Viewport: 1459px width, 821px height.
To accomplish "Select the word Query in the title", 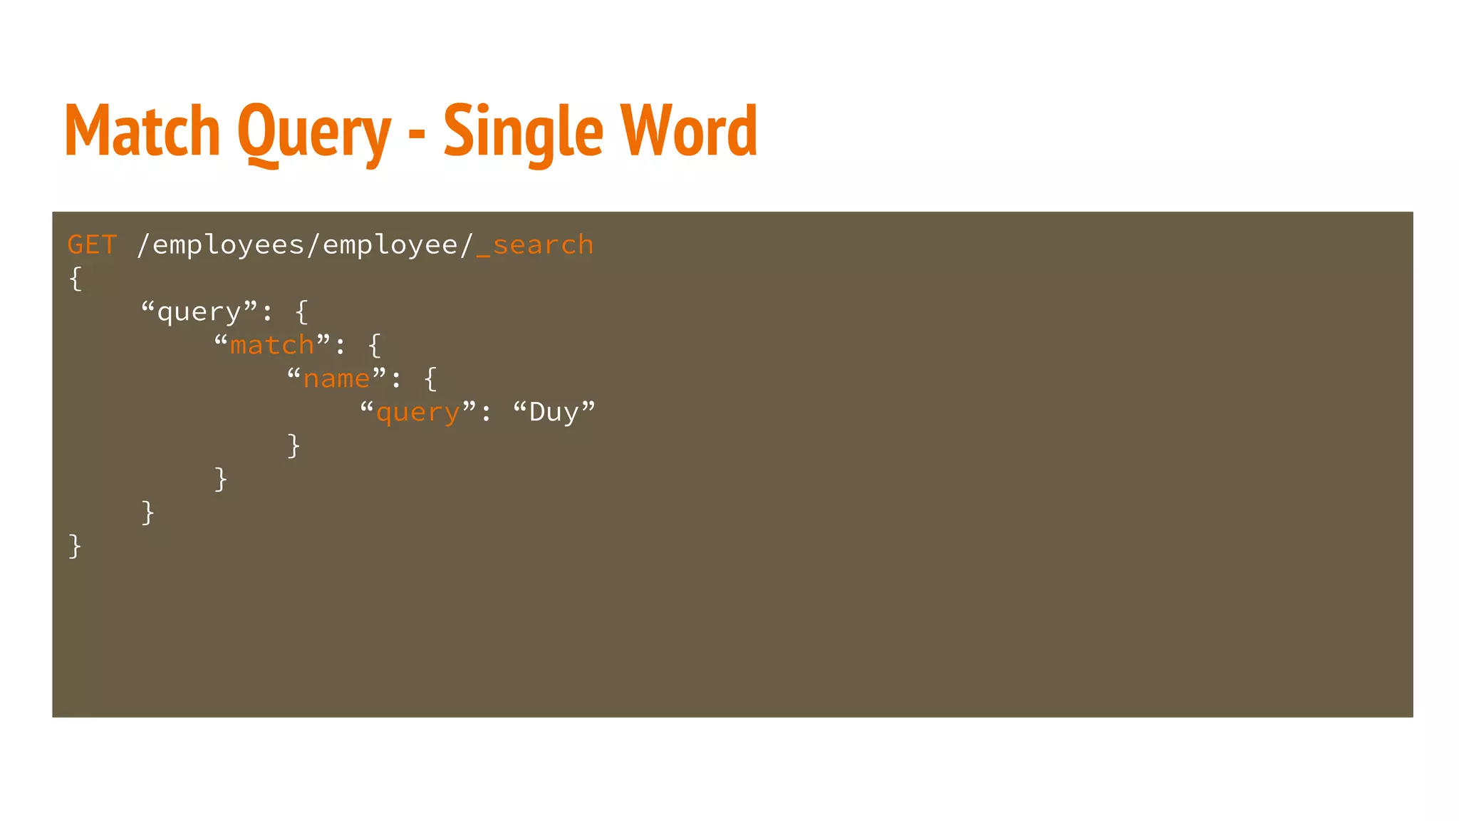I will [x=314, y=133].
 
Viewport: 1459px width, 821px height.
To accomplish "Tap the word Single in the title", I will [x=523, y=133].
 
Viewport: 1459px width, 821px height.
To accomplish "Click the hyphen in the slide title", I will [x=417, y=133].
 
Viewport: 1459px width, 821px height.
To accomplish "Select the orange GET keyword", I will [x=92, y=245].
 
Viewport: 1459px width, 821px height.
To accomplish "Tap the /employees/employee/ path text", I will [x=304, y=245].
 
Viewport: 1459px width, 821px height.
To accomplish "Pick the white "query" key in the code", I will [x=199, y=312].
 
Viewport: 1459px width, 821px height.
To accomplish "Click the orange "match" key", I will [x=272, y=346].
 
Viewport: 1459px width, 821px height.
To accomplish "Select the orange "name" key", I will [x=336, y=379].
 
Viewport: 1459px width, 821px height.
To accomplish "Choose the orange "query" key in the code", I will [x=417, y=413].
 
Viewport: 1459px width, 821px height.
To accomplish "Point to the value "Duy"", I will [x=554, y=413].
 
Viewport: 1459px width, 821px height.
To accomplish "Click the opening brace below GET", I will [x=76, y=279].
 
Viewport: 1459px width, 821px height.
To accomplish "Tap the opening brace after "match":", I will [x=375, y=346].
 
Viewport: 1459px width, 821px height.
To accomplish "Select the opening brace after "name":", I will [x=430, y=379].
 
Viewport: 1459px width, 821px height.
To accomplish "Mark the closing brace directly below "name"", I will [x=294, y=446].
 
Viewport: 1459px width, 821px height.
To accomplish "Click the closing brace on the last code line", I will [x=76, y=547].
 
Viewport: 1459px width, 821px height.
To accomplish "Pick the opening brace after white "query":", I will [x=302, y=312].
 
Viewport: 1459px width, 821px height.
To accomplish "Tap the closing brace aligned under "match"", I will [x=221, y=480].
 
